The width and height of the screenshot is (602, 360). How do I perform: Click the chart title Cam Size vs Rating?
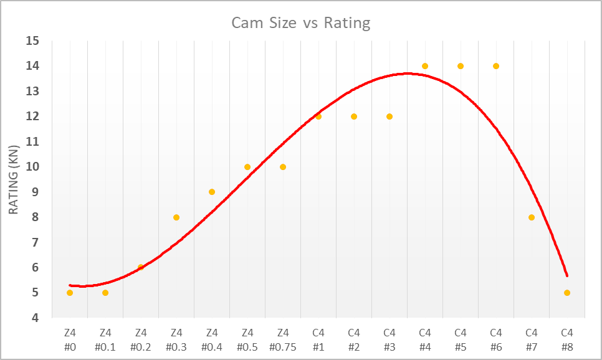click(x=301, y=24)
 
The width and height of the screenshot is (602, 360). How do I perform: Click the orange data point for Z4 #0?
click(x=70, y=293)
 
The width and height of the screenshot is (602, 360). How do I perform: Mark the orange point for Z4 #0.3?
click(x=176, y=217)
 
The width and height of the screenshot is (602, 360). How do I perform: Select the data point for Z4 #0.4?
click(x=212, y=192)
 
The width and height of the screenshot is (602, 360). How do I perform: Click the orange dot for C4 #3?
click(x=389, y=116)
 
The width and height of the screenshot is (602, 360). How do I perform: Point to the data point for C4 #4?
click(x=425, y=66)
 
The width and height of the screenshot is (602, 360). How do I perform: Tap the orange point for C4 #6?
click(x=496, y=66)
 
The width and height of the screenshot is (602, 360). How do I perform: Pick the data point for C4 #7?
click(x=532, y=217)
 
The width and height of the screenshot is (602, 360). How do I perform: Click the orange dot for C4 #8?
click(x=567, y=293)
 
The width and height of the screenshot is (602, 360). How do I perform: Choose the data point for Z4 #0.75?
click(x=283, y=167)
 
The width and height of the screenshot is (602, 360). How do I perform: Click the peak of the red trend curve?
click(x=408, y=73)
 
